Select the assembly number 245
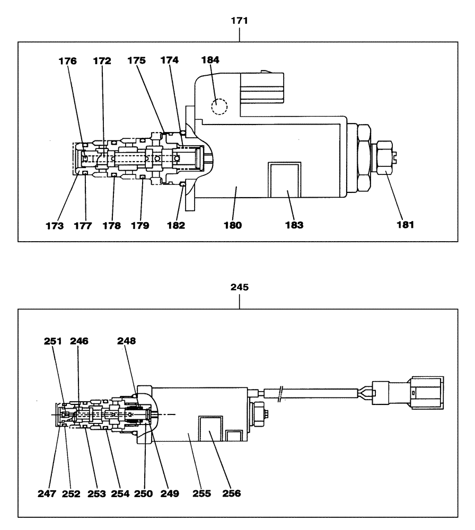pos(240,288)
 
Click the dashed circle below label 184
pos(219,107)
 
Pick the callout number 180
pos(233,225)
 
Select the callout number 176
pos(68,61)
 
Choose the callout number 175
pos(137,61)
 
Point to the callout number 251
pos(54,342)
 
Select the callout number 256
pos(231,493)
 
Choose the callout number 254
pos(120,493)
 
